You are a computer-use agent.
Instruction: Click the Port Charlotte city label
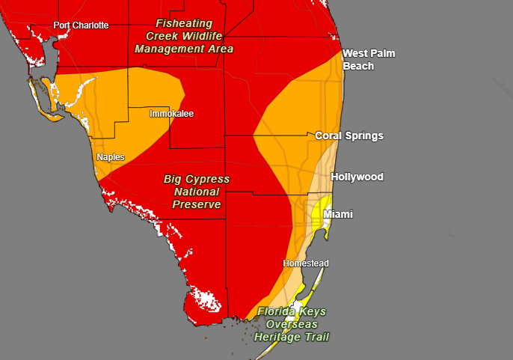tap(81, 25)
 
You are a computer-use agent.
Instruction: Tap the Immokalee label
tap(171, 114)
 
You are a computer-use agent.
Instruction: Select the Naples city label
tap(111, 157)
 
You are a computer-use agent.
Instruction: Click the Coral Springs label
tap(349, 135)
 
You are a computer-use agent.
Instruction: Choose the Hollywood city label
tap(357, 177)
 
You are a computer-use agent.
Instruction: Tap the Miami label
tap(338, 215)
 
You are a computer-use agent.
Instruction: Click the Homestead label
tap(305, 263)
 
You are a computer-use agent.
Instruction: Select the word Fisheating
tap(184, 22)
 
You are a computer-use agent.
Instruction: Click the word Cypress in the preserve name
tap(209, 180)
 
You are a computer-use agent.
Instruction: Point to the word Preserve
tap(197, 204)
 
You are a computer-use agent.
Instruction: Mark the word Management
tap(168, 49)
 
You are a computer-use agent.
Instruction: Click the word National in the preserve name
tap(197, 192)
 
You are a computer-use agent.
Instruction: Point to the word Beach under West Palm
tap(358, 66)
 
